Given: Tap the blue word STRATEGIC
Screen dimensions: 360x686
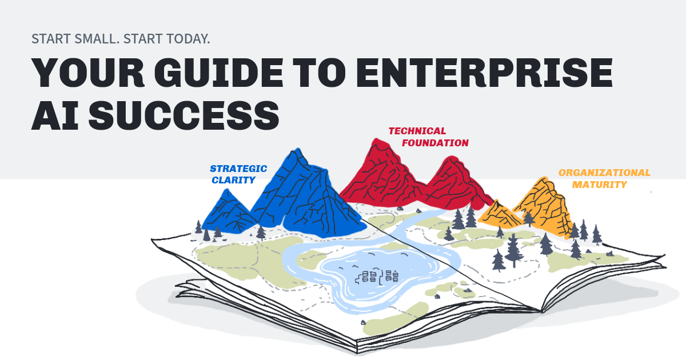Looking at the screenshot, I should pyautogui.click(x=238, y=169).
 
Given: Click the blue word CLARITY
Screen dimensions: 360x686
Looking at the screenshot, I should pyautogui.click(x=233, y=181).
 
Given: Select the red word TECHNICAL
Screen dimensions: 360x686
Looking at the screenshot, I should pyautogui.click(x=417, y=131).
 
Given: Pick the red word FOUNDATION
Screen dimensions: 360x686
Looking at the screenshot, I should pyautogui.click(x=434, y=143).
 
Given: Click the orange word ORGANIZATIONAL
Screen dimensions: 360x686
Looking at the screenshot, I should pyautogui.click(x=604, y=173).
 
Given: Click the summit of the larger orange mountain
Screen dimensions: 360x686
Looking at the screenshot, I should pyautogui.click(x=541, y=179).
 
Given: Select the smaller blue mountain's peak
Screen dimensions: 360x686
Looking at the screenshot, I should pyautogui.click(x=228, y=190).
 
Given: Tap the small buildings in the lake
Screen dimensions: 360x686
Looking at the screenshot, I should pyautogui.click(x=377, y=277).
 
